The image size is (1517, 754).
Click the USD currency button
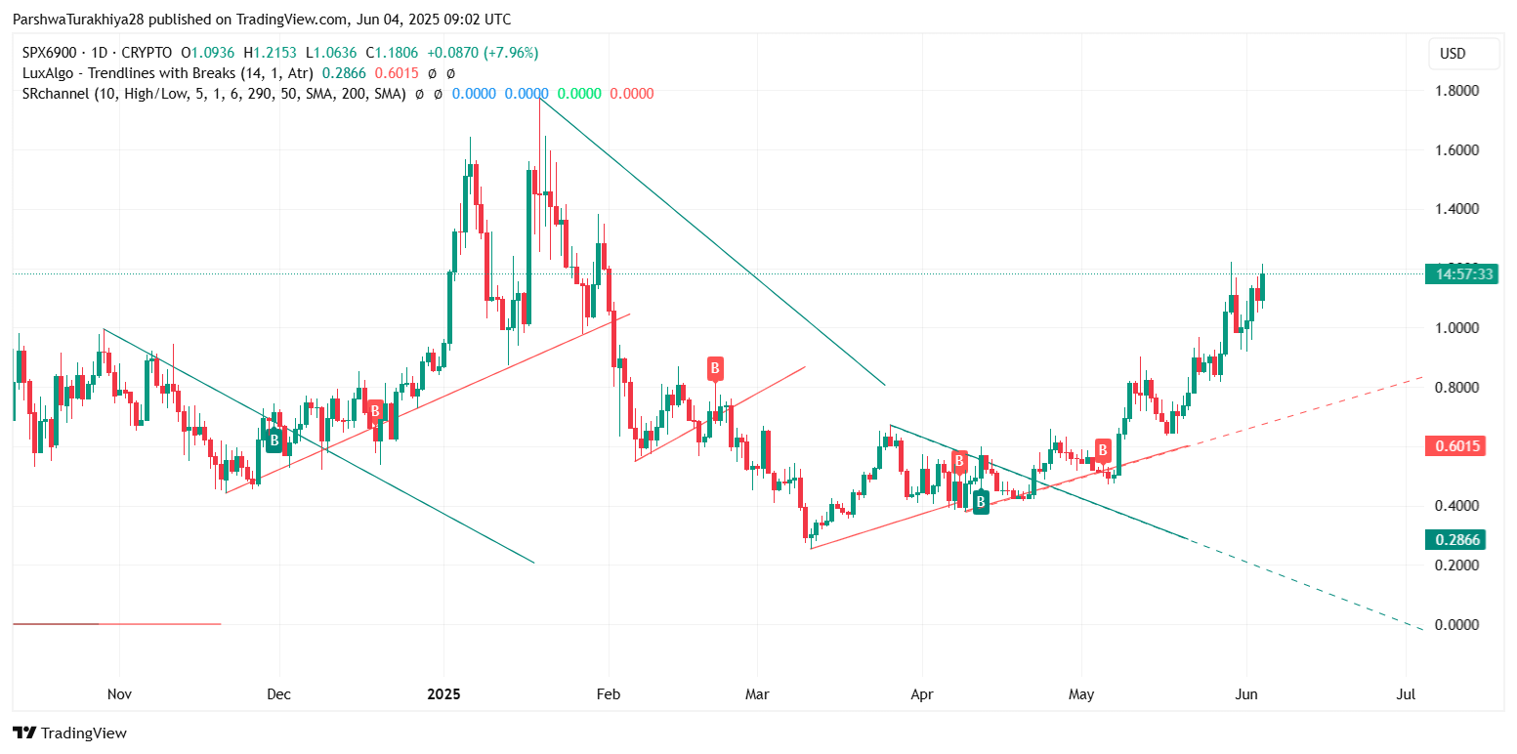click(1462, 54)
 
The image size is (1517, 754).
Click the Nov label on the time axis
click(119, 694)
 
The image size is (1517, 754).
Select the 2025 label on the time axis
click(443, 694)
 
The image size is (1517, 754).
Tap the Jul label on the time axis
click(1406, 694)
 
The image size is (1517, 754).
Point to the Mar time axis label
click(757, 694)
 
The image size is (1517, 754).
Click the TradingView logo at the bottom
click(69, 733)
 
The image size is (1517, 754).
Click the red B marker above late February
click(715, 368)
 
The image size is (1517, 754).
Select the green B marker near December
click(274, 440)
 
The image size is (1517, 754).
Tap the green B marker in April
click(980, 502)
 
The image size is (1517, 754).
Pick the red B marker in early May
click(1103, 449)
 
